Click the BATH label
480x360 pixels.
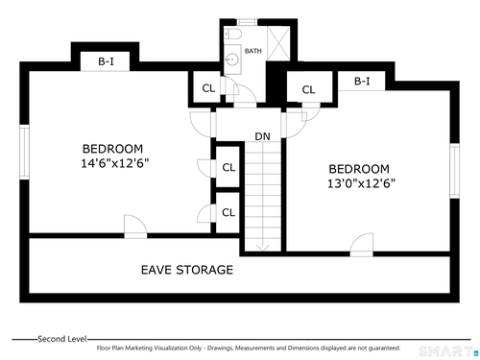coord(253,51)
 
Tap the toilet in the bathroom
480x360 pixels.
coord(232,35)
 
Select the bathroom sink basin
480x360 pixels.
coord(230,60)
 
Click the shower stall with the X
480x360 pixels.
coord(278,44)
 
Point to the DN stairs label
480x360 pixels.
coord(262,136)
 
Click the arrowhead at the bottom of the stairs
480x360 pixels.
coord(263,248)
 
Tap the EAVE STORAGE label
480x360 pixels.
coord(187,270)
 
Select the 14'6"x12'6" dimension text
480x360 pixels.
coord(115,163)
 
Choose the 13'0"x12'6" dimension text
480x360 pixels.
coord(361,183)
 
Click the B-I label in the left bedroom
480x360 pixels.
coord(106,61)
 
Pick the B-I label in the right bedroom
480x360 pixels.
coord(362,81)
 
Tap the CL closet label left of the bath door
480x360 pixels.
coord(208,88)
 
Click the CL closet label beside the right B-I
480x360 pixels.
coord(308,89)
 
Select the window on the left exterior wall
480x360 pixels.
coord(25,152)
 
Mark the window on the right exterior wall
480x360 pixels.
coord(455,171)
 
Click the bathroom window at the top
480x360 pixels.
coord(247,22)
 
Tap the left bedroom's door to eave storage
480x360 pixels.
coord(135,227)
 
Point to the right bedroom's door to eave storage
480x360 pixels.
coord(362,245)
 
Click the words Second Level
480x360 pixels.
coord(62,339)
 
